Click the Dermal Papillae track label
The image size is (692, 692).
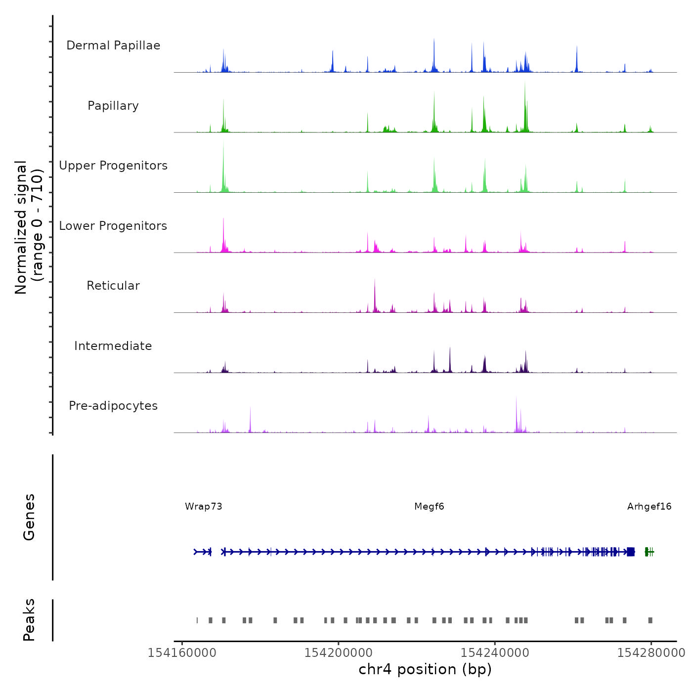point(113,45)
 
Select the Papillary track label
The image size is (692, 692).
point(113,106)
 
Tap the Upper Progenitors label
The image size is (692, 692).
point(113,166)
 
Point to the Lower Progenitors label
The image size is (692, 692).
point(113,226)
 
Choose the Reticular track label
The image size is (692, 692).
point(113,286)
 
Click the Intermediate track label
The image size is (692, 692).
point(113,346)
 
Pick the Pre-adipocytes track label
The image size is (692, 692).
point(113,406)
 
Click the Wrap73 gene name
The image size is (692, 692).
point(204,506)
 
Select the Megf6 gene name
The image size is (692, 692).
point(429,506)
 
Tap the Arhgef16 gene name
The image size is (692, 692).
point(649,506)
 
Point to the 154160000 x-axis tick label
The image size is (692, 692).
point(182,653)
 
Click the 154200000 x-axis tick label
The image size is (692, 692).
point(339,653)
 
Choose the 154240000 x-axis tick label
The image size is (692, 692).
point(495,653)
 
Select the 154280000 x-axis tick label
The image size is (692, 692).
point(651,653)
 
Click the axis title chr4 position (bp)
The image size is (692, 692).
point(425,669)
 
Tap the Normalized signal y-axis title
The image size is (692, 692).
point(29,227)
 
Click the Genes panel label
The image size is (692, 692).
point(29,517)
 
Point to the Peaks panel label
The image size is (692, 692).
point(29,620)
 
